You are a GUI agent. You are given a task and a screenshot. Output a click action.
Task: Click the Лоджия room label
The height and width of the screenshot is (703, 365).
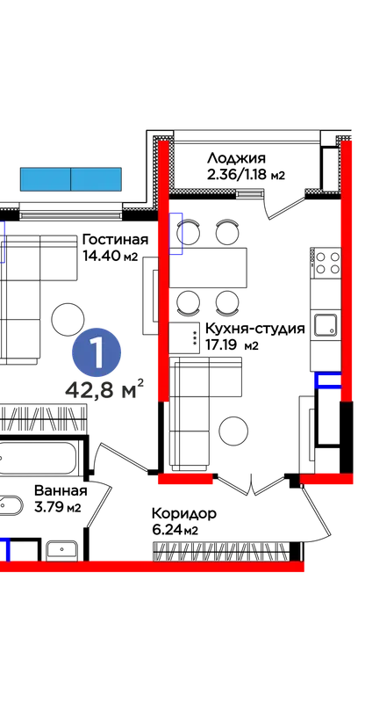(x=236, y=158)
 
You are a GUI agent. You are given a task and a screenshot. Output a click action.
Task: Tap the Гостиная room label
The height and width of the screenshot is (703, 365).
(x=115, y=240)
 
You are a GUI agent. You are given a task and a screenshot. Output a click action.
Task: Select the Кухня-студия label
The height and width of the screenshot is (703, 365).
(x=254, y=329)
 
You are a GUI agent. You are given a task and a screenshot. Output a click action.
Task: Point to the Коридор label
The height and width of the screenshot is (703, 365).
(x=183, y=513)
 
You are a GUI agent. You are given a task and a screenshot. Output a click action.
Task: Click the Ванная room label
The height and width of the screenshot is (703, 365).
(x=61, y=491)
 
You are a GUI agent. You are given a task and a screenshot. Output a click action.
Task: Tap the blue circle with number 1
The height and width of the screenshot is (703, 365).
(x=97, y=352)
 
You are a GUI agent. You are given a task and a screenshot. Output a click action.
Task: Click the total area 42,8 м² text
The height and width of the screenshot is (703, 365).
(x=104, y=389)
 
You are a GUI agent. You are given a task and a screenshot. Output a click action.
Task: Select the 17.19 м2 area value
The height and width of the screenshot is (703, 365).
(x=232, y=345)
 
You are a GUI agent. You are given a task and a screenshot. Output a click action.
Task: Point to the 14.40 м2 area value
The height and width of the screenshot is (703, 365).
(x=110, y=256)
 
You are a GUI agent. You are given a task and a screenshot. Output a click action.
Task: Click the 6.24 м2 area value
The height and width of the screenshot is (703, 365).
(x=175, y=531)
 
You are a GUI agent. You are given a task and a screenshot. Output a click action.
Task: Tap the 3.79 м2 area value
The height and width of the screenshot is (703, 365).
(x=57, y=508)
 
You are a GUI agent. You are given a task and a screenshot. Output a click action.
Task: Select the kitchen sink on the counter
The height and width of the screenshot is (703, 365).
(x=326, y=325)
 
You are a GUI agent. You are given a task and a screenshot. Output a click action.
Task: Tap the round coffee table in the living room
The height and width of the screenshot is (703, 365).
(x=68, y=319)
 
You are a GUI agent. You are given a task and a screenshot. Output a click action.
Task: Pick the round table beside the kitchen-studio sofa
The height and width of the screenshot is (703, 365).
(x=233, y=431)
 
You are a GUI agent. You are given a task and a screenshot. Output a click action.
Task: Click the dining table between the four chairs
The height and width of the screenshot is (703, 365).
(x=208, y=268)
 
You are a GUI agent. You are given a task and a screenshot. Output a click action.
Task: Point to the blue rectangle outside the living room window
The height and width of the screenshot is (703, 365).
(x=71, y=179)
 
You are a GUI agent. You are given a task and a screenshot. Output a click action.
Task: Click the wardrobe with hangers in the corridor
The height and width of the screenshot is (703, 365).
(x=221, y=551)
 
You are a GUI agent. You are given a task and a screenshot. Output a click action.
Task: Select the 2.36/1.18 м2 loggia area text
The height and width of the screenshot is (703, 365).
(x=246, y=174)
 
